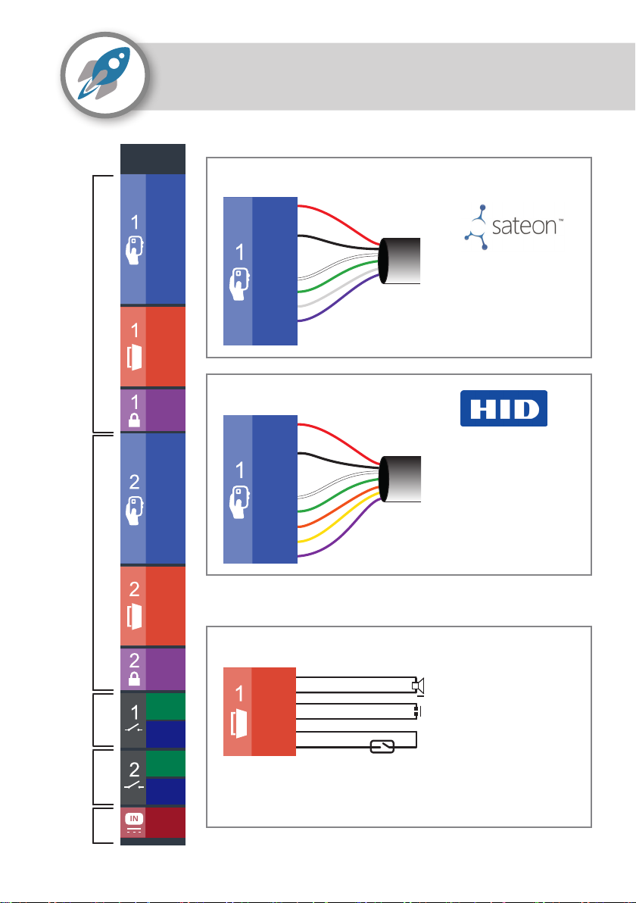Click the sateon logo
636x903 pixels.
coord(513,227)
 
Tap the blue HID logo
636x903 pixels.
coord(503,408)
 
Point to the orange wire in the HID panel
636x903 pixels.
coord(340,508)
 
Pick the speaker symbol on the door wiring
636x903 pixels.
coord(419,686)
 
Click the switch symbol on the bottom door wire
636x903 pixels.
coord(382,747)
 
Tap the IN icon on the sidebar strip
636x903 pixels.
coord(133,822)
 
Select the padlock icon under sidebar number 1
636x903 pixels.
coord(134,420)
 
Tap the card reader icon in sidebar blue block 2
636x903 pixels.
coord(134,510)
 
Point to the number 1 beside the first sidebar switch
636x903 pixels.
coord(135,713)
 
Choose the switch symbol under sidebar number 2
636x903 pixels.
coord(134,784)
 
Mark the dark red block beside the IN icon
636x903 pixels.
coord(166,823)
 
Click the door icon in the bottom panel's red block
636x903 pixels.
coord(238,723)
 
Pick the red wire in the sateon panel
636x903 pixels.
coord(340,222)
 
